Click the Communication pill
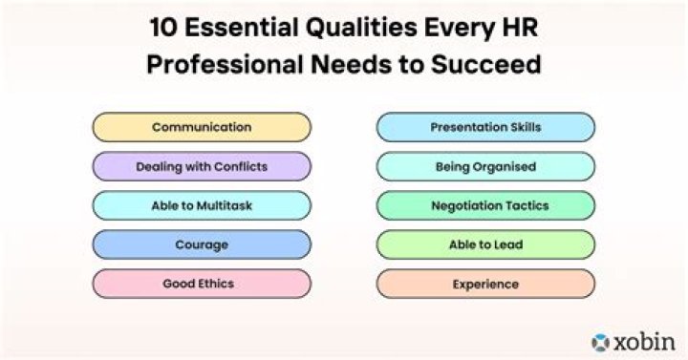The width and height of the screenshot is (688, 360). pyautogui.click(x=202, y=127)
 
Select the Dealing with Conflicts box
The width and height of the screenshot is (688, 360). pyautogui.click(x=202, y=166)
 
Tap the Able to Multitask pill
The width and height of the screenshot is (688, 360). pyautogui.click(x=202, y=205)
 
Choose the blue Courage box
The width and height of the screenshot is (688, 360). pyautogui.click(x=202, y=244)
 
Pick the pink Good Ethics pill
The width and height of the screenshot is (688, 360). pyautogui.click(x=202, y=284)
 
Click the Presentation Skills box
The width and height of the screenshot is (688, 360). pyautogui.click(x=485, y=127)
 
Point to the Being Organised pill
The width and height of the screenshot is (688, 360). pyautogui.click(x=485, y=166)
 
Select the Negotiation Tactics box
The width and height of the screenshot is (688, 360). pyautogui.click(x=485, y=205)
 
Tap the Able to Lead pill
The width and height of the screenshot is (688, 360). pyautogui.click(x=485, y=244)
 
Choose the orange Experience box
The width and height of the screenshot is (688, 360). pyautogui.click(x=485, y=284)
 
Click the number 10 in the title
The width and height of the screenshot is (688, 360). pyautogui.click(x=163, y=27)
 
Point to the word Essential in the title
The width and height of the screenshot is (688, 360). pyautogui.click(x=236, y=27)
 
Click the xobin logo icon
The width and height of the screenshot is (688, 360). pyautogui.click(x=600, y=340)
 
